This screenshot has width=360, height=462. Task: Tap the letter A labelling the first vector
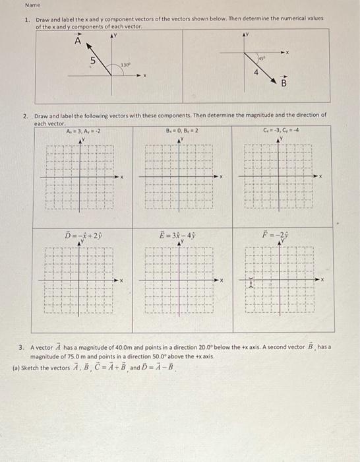78,42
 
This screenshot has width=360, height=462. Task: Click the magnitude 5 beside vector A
92,61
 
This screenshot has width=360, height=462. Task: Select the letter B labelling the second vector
284,84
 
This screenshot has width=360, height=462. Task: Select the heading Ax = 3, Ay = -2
83,131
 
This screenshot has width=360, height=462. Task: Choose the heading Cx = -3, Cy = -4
280,131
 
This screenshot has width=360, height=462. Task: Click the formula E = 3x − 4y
181,235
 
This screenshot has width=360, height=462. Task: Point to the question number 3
22,346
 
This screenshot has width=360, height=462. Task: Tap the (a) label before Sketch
16,364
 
